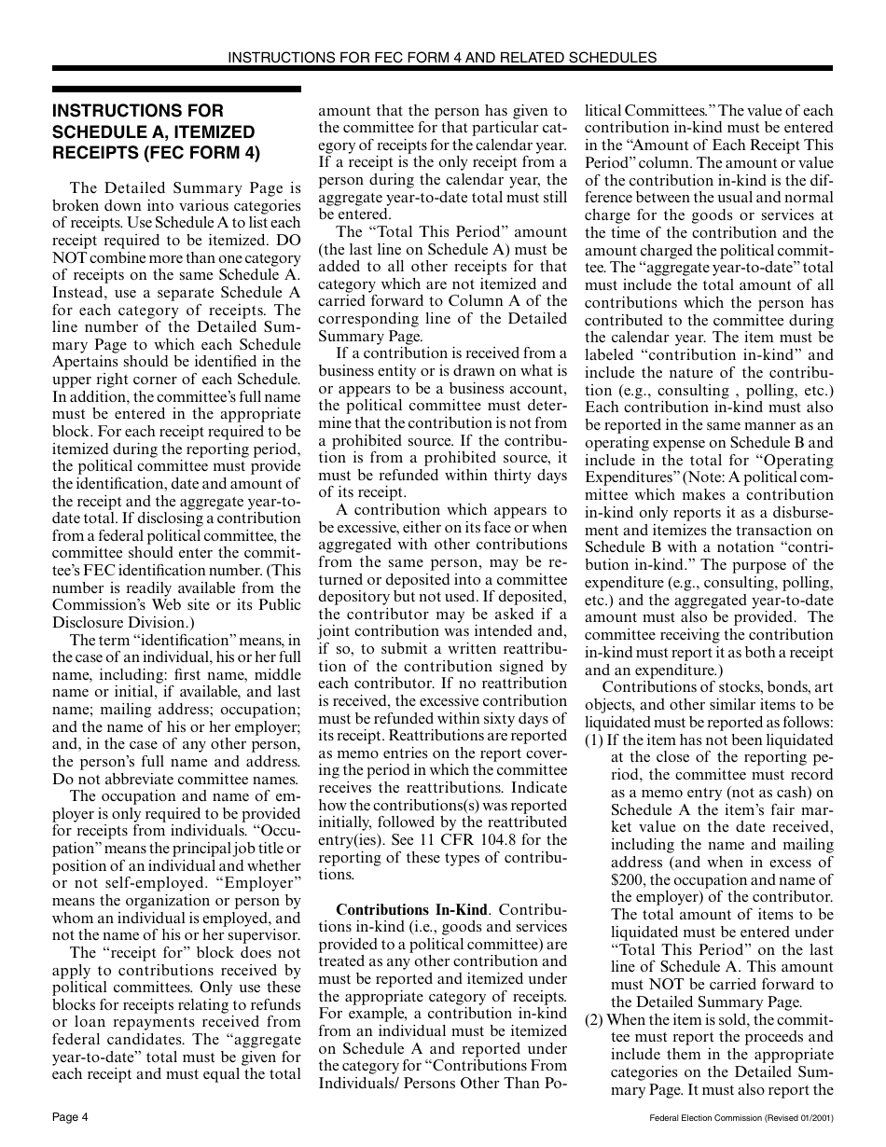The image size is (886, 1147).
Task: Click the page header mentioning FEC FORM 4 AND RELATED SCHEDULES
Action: (442, 57)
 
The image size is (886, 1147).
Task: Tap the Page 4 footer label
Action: (70, 1117)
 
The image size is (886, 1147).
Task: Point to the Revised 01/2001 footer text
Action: (795, 1117)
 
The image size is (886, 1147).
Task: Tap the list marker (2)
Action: (594, 1019)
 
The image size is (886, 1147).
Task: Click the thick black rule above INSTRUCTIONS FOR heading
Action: (176, 90)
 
